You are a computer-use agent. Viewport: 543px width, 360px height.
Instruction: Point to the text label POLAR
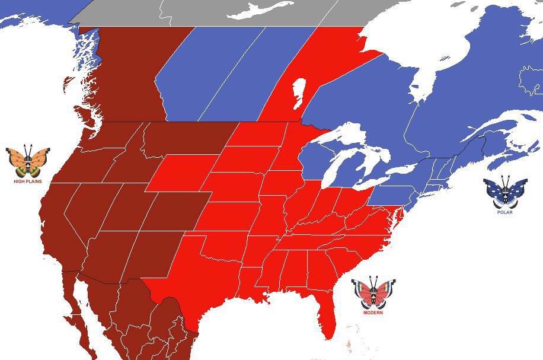pyautogui.click(x=505, y=212)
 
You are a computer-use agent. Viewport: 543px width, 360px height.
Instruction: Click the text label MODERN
pyautogui.click(x=373, y=313)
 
